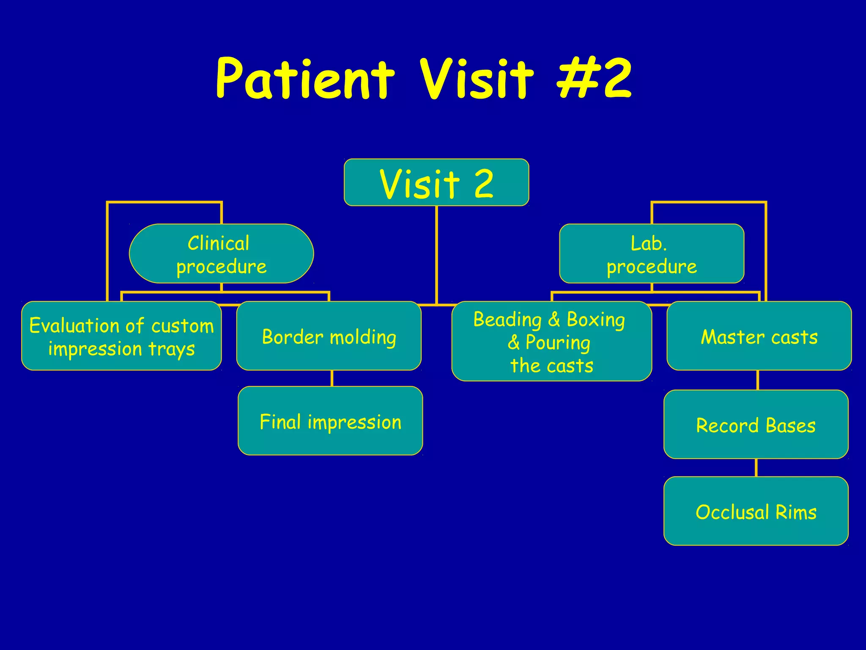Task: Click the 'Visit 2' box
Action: (x=436, y=182)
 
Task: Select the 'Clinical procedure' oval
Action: (x=221, y=253)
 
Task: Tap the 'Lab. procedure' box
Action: (x=652, y=253)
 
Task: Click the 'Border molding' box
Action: (x=329, y=336)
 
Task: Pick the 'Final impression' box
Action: (x=330, y=421)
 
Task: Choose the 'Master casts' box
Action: (x=759, y=336)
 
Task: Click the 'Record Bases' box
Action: (x=756, y=424)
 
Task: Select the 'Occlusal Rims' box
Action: (x=756, y=511)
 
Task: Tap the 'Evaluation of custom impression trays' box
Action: (x=121, y=336)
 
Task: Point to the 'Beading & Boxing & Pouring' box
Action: (x=551, y=341)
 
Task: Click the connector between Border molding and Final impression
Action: (x=332, y=378)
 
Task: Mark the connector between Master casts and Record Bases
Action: (x=757, y=380)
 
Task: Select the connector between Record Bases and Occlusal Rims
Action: (x=756, y=468)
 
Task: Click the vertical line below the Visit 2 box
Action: (x=436, y=254)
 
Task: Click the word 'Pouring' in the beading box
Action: (x=557, y=342)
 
